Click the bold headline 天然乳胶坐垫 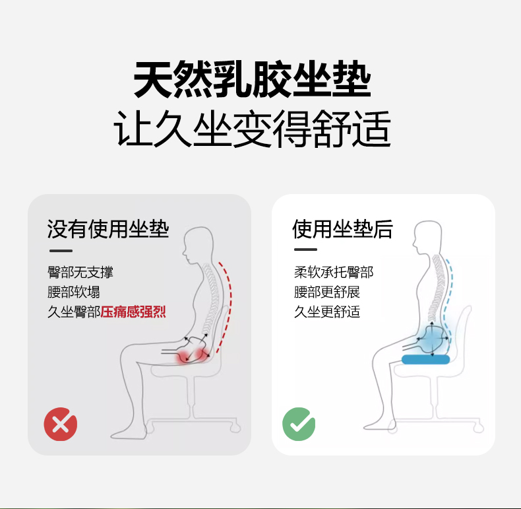(x=252, y=79)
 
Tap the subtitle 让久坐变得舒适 (x=252, y=129)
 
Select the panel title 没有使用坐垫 (x=108, y=229)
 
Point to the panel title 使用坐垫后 (x=342, y=229)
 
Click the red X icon (x=61, y=424)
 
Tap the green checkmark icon (x=299, y=424)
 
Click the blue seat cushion (x=425, y=359)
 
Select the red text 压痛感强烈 (x=133, y=312)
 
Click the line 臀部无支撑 (x=80, y=272)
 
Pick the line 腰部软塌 (x=74, y=292)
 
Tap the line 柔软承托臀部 (x=334, y=272)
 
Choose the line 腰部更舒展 (x=327, y=292)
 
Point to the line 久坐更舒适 (x=327, y=312)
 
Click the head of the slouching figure (x=197, y=245)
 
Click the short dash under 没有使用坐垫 (x=61, y=251)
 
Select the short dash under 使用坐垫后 (x=305, y=250)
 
